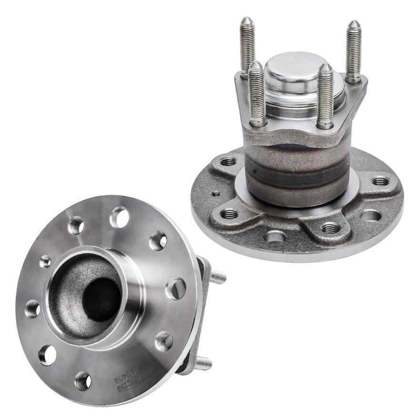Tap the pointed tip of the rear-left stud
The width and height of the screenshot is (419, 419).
click(247, 20)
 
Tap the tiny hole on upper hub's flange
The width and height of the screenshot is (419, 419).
click(216, 194)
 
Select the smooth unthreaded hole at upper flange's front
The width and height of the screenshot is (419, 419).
click(276, 236)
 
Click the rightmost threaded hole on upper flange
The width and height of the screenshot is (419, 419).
click(380, 181)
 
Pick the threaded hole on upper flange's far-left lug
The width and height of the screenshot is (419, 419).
click(228, 162)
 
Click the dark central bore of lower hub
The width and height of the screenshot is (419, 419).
click(101, 299)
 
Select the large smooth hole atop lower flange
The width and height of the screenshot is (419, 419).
click(119, 217)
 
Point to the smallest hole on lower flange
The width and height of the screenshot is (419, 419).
click(45, 261)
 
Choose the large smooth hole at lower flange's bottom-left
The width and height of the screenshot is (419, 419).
click(47, 355)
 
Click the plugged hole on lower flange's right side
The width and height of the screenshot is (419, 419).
click(176, 289)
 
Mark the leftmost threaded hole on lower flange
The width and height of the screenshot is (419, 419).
click(32, 309)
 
